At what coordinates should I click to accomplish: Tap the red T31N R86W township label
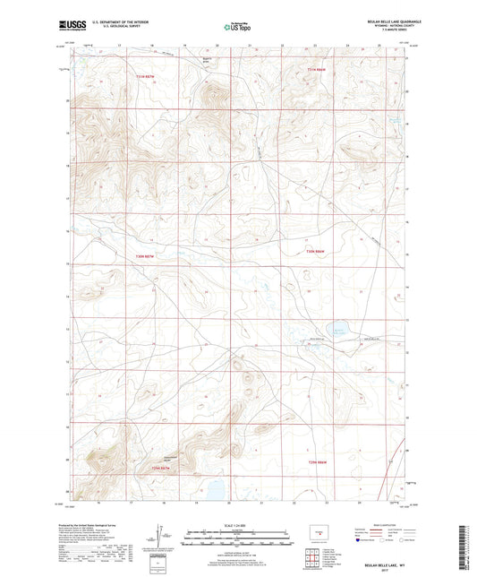click(318, 70)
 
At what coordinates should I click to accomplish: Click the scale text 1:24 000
click(237, 526)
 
